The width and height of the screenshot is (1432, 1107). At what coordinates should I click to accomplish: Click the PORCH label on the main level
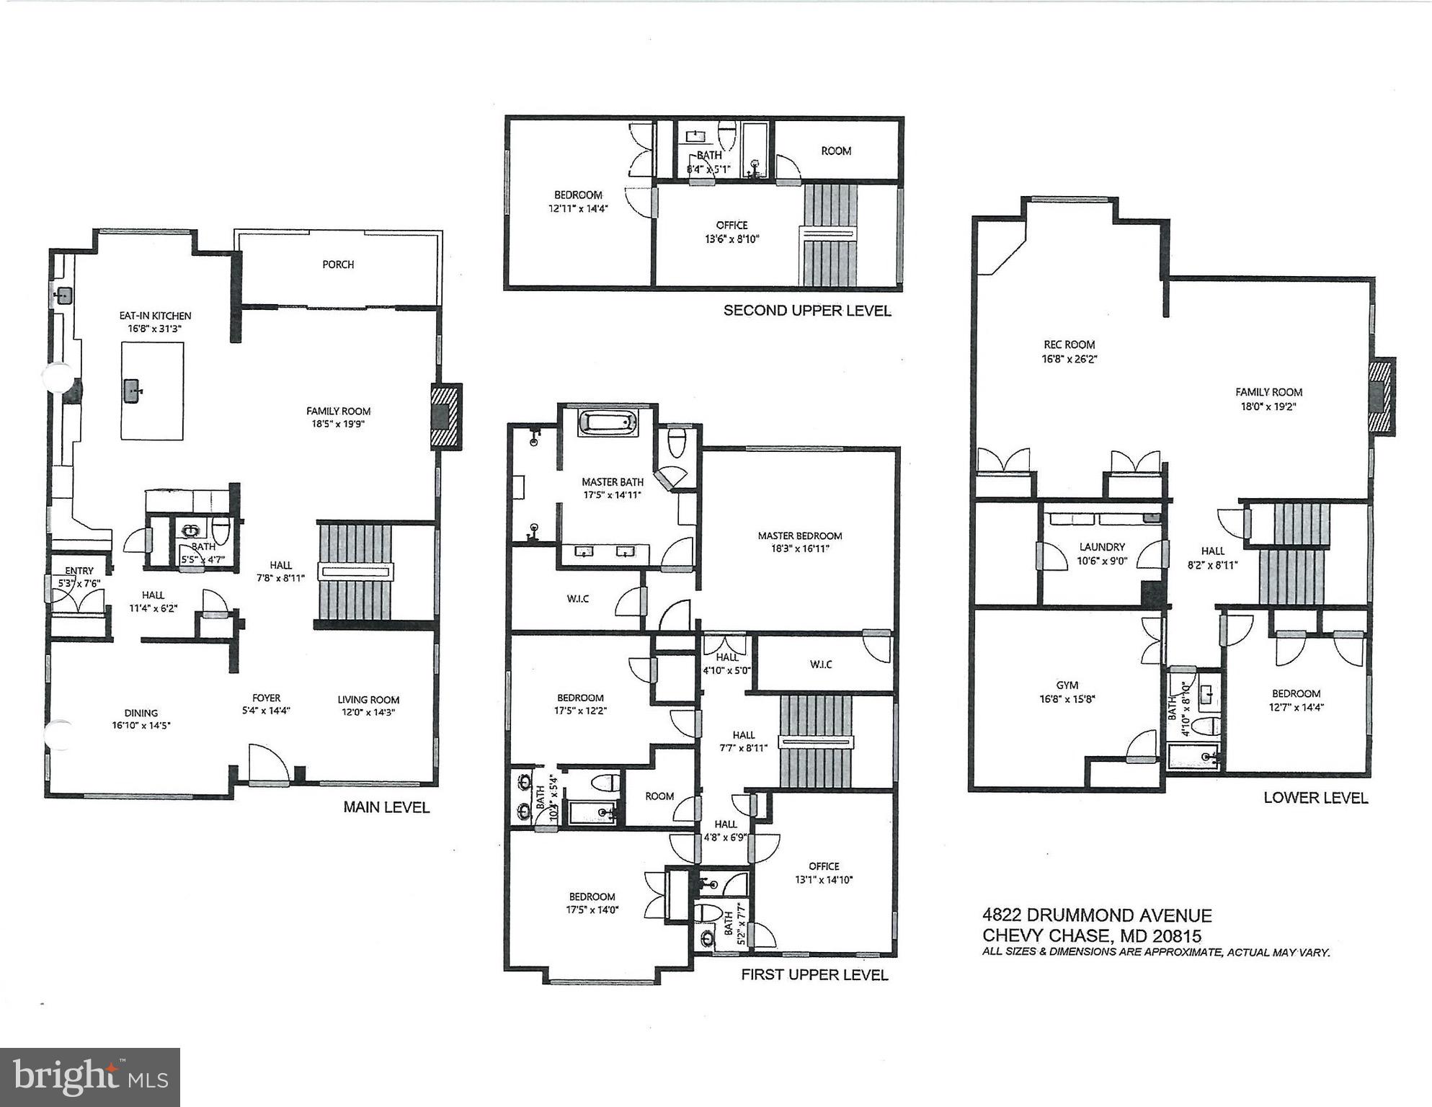pos(338,264)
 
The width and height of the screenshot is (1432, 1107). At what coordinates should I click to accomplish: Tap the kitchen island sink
pos(132,391)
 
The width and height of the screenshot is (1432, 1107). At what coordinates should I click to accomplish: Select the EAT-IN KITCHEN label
pos(155,316)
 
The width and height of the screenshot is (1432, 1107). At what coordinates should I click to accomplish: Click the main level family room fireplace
pos(445,417)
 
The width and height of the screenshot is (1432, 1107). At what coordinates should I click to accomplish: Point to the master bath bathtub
pos(608,423)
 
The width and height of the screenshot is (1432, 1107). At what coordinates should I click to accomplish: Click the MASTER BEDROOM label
pos(799,535)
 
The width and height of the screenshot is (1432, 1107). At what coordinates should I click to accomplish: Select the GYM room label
pos(1067,685)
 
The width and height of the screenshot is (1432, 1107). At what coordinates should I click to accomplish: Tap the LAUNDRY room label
pos(1102,547)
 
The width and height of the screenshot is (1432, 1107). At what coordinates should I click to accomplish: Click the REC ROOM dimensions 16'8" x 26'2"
pos(1069,358)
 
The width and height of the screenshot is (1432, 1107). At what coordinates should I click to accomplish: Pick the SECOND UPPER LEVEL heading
pos(807,311)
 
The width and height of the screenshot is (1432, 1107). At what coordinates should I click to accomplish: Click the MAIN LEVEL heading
pos(386,807)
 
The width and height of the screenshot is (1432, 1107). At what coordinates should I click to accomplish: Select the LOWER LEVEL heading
pos(1315,798)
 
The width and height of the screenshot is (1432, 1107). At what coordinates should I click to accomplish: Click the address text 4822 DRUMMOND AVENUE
pos(1097,915)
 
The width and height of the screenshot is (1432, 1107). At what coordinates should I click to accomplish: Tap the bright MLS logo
pos(90,1077)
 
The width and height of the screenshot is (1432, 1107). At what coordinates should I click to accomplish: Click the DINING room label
pos(141,713)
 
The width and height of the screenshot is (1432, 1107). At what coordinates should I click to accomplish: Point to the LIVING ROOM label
pos(368,699)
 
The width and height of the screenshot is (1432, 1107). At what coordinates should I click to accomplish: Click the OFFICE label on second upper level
pos(731,225)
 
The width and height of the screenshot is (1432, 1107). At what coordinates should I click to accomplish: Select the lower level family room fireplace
pos(1382,396)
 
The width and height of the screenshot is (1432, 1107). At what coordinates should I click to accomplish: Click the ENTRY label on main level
pos(79,571)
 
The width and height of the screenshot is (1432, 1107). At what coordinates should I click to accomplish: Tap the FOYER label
pos(266,698)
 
